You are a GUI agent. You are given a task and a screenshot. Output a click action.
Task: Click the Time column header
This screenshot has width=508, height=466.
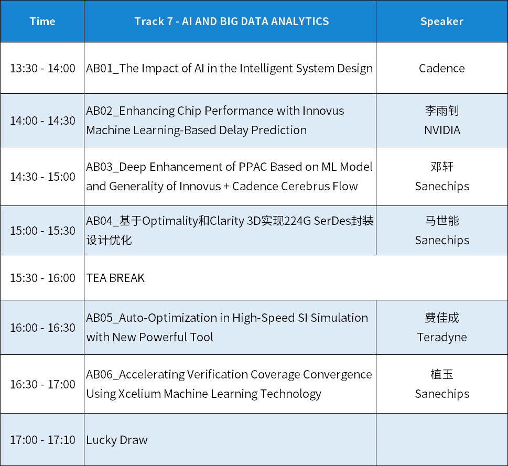(x=42, y=21)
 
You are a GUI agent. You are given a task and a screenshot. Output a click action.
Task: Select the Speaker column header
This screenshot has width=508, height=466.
(x=442, y=21)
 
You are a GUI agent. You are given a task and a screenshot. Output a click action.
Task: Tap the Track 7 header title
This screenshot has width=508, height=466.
(x=232, y=21)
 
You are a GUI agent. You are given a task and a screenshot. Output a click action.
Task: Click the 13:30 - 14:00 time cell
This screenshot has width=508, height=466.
(x=42, y=68)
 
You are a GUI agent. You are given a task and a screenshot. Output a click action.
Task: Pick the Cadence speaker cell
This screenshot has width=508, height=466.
(x=442, y=68)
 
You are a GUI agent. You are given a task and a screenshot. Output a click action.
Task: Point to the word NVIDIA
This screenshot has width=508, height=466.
(x=442, y=130)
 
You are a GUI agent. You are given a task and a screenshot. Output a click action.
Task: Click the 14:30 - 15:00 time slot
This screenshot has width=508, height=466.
(x=42, y=177)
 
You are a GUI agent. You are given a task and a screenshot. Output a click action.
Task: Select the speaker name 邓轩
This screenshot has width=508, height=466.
(x=442, y=167)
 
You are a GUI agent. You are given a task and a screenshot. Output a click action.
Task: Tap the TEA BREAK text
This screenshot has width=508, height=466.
(x=115, y=278)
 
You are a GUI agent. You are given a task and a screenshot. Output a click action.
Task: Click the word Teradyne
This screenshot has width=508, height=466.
(x=442, y=338)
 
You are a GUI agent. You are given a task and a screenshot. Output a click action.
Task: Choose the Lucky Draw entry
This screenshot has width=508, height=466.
(x=117, y=440)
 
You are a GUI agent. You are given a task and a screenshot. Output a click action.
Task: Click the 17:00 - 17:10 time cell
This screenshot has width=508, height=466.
(x=42, y=440)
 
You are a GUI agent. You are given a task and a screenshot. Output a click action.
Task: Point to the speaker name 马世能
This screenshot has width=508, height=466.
(x=442, y=221)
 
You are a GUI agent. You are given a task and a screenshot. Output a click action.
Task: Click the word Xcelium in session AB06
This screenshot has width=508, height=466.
(x=139, y=394)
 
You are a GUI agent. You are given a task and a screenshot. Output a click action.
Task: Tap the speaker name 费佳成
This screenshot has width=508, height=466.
(x=442, y=318)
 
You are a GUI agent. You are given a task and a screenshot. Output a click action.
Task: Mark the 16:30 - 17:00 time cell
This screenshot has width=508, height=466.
(x=42, y=384)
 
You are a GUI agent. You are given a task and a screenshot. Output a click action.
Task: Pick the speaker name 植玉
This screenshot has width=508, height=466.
(x=442, y=374)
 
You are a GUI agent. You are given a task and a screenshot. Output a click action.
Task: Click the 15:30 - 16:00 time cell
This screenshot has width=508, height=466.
(x=42, y=278)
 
